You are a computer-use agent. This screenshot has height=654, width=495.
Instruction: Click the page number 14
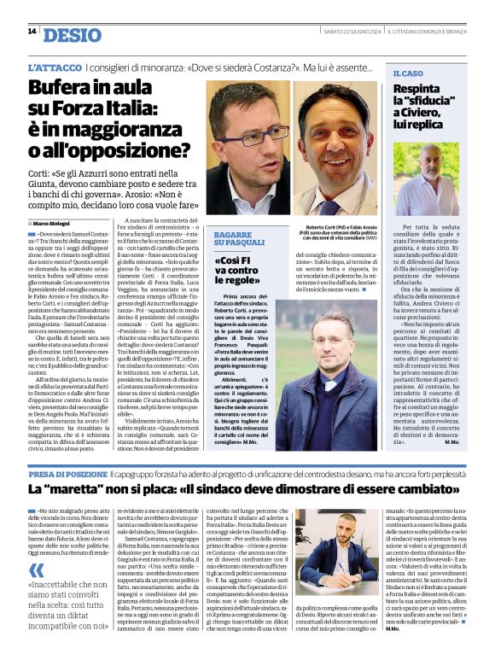31,32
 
